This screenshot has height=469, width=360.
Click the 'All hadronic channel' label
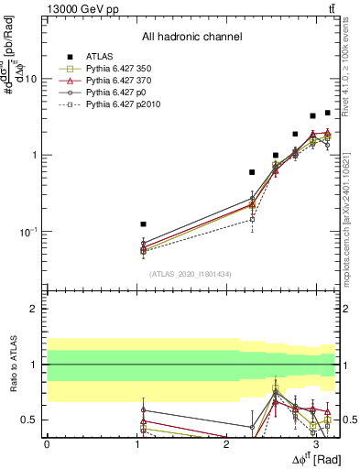191,38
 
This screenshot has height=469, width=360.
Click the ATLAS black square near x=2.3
252,171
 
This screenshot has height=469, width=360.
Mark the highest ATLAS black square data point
328,113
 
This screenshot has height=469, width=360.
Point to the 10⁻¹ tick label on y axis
28,232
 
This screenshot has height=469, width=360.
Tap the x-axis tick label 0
47,444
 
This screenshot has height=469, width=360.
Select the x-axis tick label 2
226,444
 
